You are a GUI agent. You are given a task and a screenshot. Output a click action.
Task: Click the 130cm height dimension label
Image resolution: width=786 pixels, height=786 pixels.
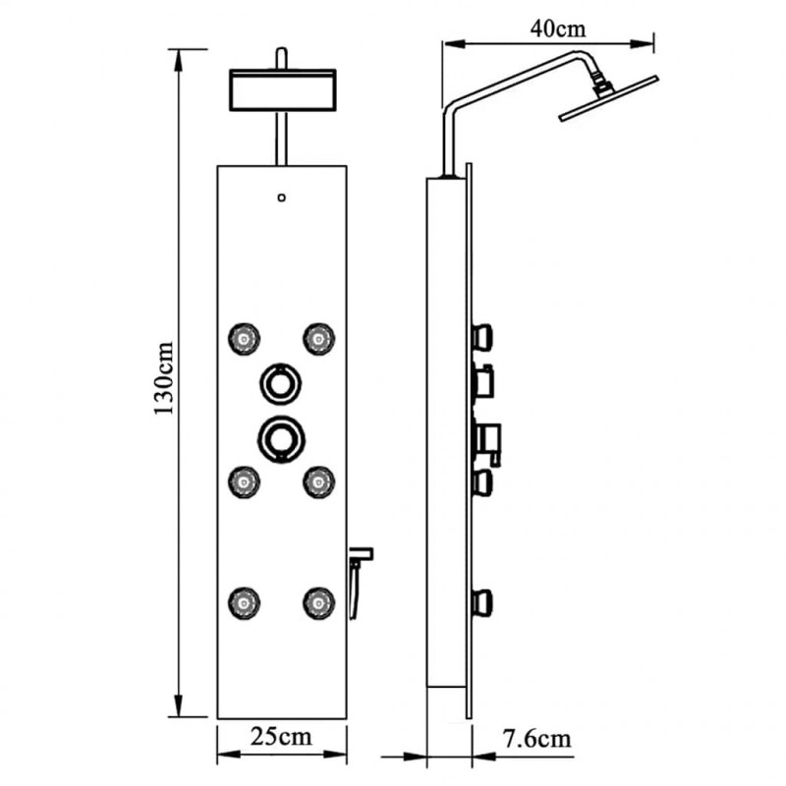point(164,378)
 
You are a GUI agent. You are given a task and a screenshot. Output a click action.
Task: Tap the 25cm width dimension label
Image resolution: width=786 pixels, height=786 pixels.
point(281,736)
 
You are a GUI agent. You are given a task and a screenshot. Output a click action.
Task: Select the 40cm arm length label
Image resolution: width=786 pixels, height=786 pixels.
point(558,28)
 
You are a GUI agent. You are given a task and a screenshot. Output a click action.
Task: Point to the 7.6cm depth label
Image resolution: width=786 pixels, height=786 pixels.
point(536,739)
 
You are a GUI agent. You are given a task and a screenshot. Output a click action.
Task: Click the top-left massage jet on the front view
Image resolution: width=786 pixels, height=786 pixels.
point(244,339)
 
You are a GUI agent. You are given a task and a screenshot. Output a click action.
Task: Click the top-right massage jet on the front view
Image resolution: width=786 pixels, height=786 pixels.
point(318,339)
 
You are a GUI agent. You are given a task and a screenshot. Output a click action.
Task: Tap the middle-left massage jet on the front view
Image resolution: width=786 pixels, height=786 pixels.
point(244,482)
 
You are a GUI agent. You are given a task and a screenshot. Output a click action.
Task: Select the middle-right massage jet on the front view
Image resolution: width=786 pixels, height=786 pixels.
point(318,482)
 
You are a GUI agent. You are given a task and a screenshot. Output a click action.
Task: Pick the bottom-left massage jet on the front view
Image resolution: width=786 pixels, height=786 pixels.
point(244,602)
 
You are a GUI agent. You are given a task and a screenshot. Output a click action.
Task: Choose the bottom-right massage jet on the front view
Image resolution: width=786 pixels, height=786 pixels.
point(318,602)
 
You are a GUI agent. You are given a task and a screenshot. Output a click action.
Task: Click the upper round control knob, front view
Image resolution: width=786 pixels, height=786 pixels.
point(281,365)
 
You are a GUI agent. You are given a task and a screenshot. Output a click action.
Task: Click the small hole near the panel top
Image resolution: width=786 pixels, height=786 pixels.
point(282,197)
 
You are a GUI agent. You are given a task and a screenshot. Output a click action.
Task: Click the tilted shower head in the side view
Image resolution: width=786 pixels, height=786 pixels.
point(608,99)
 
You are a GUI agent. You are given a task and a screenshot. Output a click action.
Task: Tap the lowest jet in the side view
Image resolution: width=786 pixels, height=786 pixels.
point(481,603)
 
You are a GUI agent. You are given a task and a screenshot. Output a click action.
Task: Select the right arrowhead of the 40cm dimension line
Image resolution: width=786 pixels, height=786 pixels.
point(643,44)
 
